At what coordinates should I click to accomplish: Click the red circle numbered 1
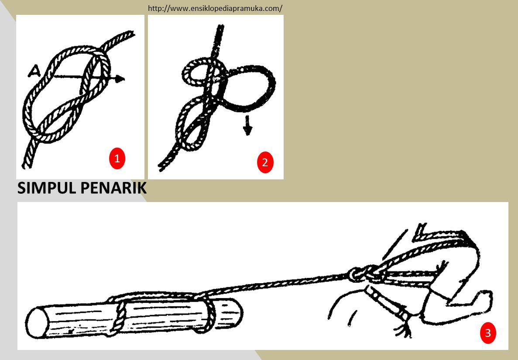(117, 159)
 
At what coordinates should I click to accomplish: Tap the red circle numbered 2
(265, 163)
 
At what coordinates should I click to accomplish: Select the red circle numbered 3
(488, 333)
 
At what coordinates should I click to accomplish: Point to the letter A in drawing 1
(36, 70)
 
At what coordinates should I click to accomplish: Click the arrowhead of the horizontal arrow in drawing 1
(120, 79)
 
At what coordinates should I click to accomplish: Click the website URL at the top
(215, 8)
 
